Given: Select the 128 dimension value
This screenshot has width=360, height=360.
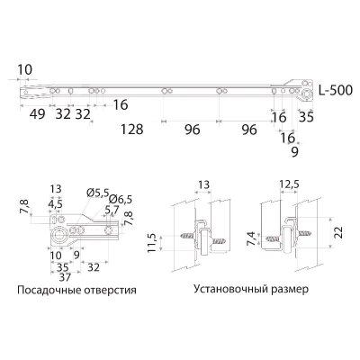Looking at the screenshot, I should (133, 130).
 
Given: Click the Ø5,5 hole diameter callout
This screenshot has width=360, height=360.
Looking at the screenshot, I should (97, 193).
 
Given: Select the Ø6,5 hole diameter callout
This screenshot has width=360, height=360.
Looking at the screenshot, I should (120, 199).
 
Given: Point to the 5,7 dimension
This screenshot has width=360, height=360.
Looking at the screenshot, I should (111, 210).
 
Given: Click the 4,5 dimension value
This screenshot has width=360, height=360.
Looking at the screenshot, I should (56, 203).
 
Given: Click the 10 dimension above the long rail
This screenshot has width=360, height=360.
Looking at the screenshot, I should (24, 69).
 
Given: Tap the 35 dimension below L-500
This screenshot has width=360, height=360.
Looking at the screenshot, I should (306, 116).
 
